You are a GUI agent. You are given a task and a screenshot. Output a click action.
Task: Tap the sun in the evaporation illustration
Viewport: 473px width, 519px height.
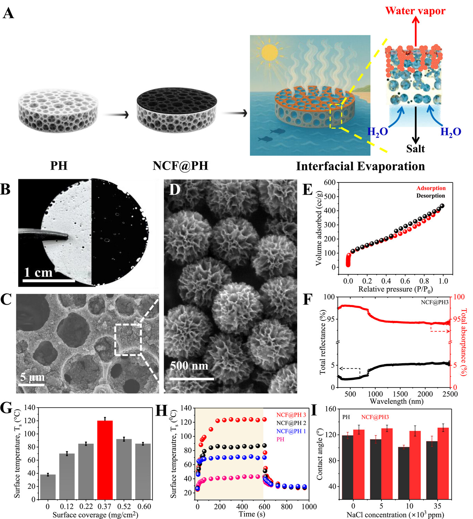(269, 52)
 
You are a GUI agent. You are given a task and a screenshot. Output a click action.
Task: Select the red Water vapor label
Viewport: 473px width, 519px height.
(415, 11)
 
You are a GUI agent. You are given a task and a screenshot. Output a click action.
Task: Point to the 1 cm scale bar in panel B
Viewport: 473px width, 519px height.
(49, 280)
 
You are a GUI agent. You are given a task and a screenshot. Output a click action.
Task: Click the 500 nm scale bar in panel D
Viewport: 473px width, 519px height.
(191, 378)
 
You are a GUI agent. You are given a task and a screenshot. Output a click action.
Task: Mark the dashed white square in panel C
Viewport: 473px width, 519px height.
(128, 340)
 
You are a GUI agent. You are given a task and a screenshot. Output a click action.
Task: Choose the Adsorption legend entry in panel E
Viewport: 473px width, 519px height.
(431, 188)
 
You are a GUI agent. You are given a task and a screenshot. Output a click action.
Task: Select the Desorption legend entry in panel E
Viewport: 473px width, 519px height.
(430, 196)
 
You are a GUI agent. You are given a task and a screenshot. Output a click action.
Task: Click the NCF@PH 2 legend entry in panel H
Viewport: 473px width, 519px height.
(291, 423)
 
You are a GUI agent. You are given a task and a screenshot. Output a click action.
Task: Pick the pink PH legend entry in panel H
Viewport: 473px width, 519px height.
(280, 439)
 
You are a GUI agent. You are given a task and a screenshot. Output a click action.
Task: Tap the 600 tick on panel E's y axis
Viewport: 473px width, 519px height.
(329, 182)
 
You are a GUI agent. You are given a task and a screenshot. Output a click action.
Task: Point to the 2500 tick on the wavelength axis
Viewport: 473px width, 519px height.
(450, 394)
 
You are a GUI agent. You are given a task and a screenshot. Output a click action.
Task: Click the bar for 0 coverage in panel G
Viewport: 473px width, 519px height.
(48, 487)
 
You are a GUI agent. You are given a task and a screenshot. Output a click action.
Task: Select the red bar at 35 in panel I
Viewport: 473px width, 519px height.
(443, 463)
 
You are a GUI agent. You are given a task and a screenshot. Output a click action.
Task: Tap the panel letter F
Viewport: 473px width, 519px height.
(308, 300)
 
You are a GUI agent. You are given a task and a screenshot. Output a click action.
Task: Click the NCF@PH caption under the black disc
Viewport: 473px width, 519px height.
(180, 166)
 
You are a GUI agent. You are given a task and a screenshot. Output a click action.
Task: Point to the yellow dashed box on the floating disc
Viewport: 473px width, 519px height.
(336, 116)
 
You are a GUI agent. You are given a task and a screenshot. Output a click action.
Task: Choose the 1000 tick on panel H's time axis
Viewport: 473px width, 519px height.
(309, 507)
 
